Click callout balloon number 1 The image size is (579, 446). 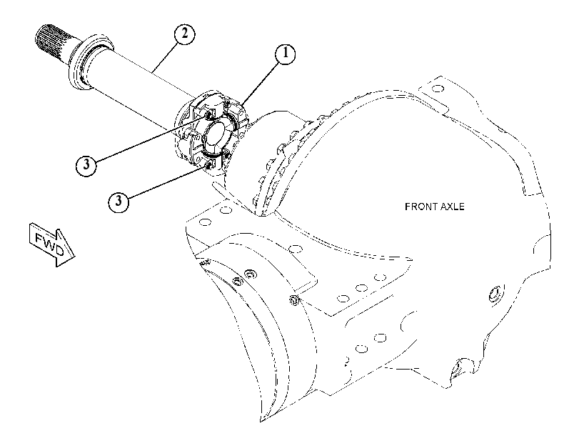point(285,54)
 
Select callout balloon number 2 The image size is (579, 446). point(185,34)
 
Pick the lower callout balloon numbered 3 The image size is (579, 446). point(119,202)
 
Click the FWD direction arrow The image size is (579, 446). point(52,244)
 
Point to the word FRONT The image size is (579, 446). point(418,207)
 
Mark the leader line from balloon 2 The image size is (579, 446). point(165,58)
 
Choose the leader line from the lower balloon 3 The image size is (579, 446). point(167,182)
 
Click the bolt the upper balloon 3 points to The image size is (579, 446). point(210,114)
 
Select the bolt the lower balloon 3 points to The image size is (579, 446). point(208,164)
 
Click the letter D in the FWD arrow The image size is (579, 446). point(59,251)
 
